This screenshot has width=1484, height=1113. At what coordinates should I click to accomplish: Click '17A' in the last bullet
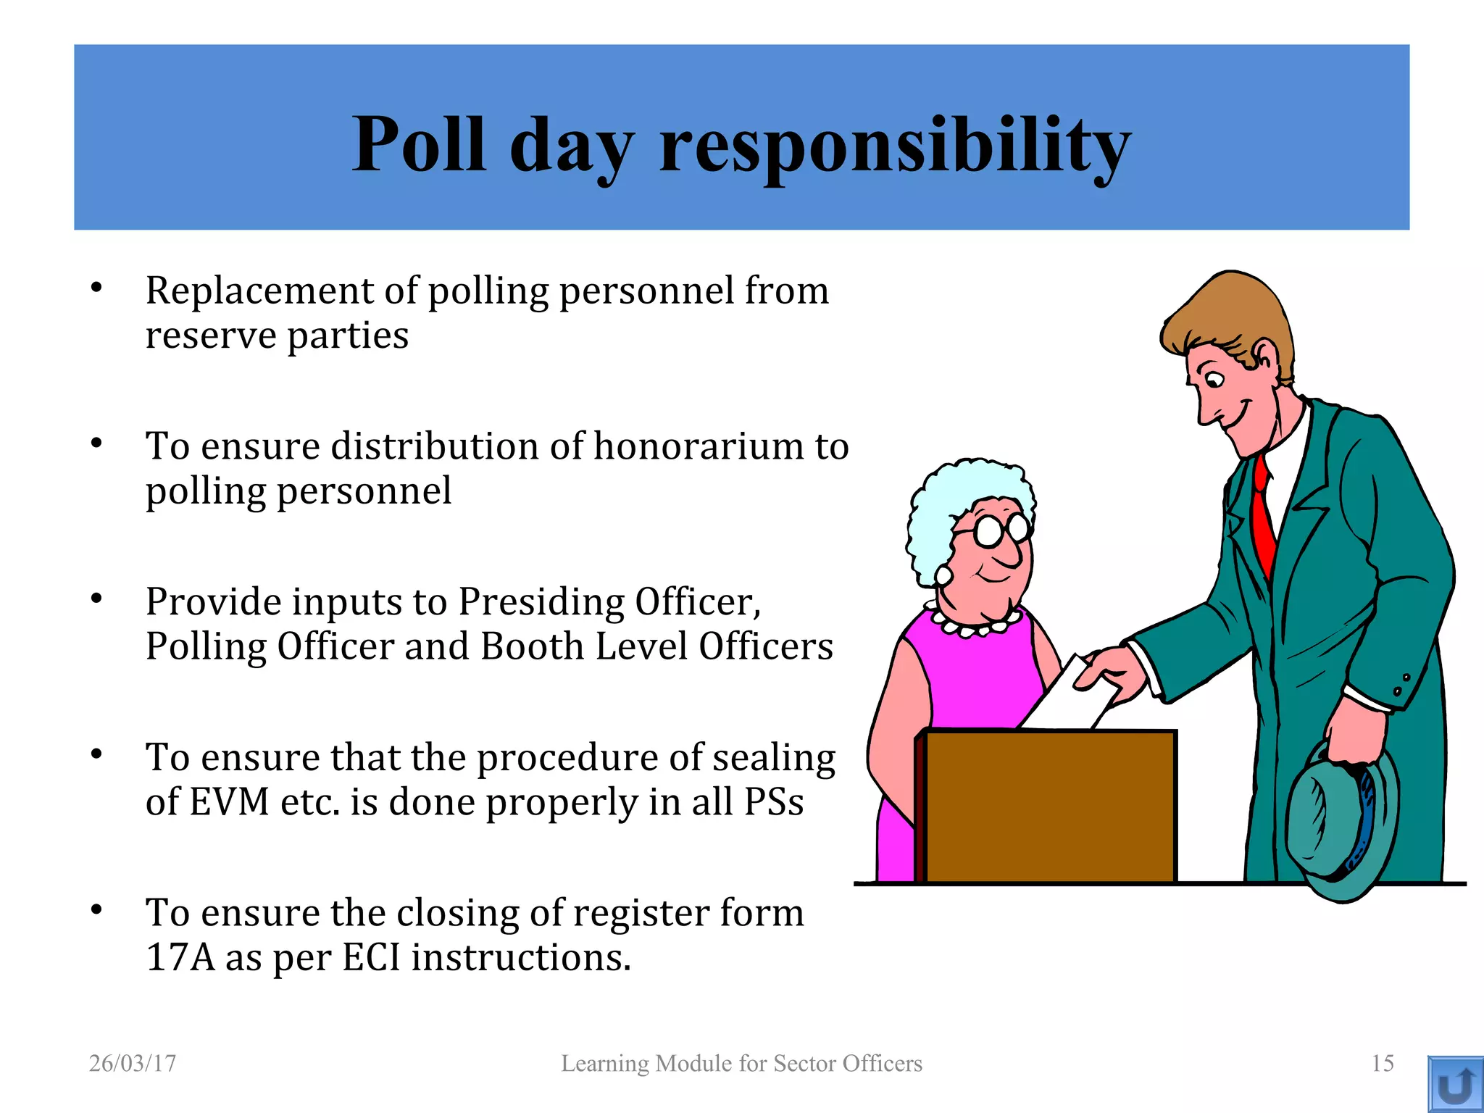pyautogui.click(x=180, y=958)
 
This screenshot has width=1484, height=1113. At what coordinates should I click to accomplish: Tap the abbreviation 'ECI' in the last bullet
pyautogui.click(x=371, y=958)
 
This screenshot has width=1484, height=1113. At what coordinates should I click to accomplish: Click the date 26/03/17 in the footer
pyautogui.click(x=133, y=1063)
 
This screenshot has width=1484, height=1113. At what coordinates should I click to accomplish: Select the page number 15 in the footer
pyautogui.click(x=1383, y=1063)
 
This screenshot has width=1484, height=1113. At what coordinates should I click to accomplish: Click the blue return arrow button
pyautogui.click(x=1455, y=1084)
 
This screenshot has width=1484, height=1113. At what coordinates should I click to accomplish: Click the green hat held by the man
pyautogui.click(x=1341, y=826)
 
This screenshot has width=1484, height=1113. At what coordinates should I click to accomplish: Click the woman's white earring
pyautogui.click(x=943, y=575)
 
